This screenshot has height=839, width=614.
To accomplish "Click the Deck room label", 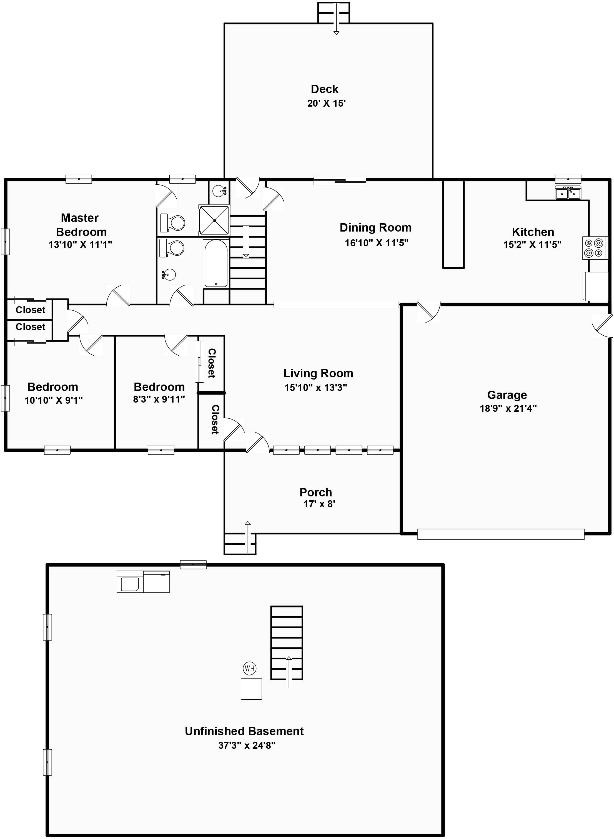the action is coord(324,89).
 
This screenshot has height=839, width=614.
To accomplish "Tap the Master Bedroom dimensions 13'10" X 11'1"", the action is coord(80,245).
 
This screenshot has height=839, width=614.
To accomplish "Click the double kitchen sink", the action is coord(568,193).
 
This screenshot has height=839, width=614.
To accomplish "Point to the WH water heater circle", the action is coord(249,669).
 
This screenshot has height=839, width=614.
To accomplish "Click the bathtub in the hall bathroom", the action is coord(216,263).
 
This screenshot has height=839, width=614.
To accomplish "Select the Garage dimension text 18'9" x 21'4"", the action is coord(508,408).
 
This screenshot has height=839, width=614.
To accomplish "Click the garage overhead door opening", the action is coord(501,534).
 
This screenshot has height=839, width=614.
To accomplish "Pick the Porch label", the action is coord(315,492).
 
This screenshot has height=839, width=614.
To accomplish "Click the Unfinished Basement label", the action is coord(244,731).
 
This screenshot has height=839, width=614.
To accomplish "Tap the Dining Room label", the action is coord(375,227).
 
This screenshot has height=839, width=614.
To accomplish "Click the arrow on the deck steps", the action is coord(336,19).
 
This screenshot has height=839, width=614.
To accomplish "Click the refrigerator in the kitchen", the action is coord(596,286).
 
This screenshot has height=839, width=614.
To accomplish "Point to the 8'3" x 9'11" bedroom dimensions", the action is coord(159,400).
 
